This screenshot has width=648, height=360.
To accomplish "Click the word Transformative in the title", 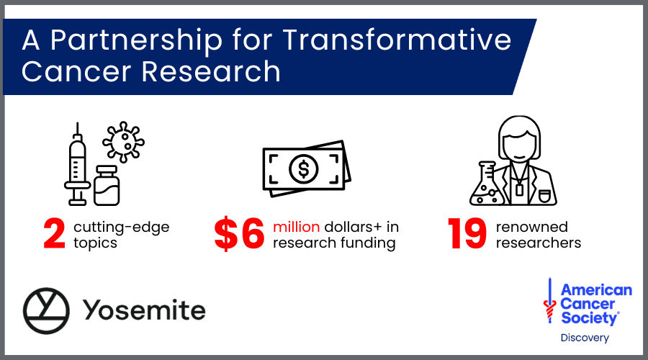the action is [397, 40].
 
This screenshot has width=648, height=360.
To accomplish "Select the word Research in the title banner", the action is [211, 71].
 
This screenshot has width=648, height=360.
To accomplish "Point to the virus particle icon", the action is [123, 142].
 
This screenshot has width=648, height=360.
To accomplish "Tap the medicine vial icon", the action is [107, 186].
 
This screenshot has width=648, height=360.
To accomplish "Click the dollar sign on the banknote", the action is [304, 169].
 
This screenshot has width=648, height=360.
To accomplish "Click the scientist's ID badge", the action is [519, 189].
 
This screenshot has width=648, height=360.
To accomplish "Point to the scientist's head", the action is [519, 138].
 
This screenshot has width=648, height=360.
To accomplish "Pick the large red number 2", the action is [54, 234].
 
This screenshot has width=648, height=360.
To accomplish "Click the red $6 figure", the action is [239, 234].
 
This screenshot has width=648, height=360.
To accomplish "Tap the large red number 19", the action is [467, 234].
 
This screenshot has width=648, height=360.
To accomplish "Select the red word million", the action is [297, 227].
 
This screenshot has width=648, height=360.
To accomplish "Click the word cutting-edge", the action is [122, 228].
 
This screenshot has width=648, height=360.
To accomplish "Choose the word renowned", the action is [532, 227].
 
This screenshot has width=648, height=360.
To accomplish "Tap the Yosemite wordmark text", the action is [144, 310].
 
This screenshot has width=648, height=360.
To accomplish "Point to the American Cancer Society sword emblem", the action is [549, 300].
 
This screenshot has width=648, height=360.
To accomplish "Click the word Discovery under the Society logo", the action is [585, 338].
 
